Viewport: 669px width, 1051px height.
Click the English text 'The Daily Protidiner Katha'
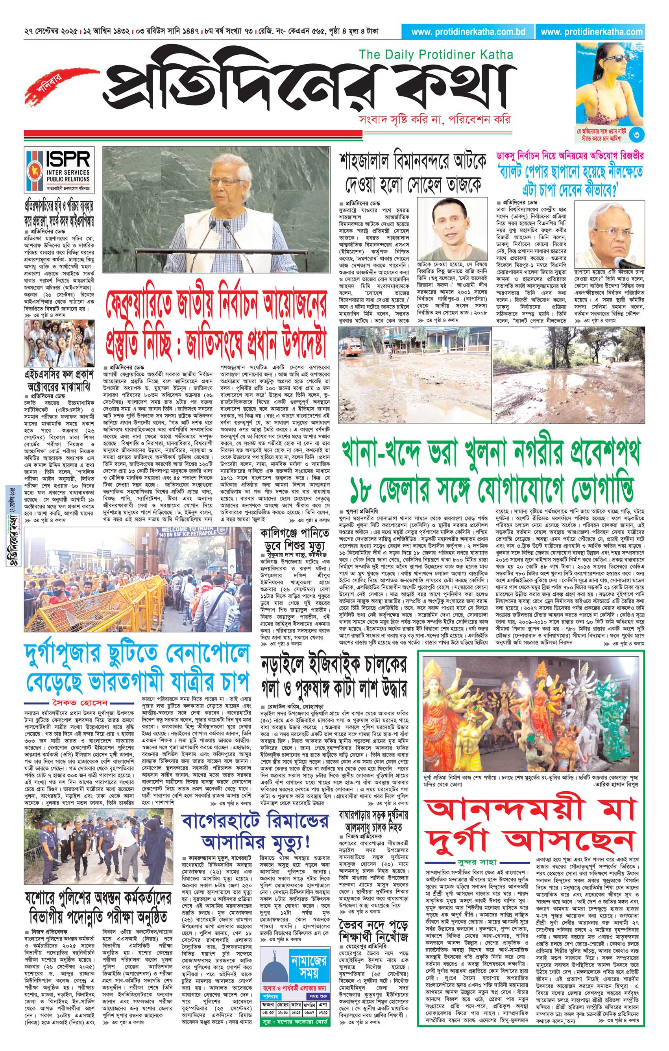tap(436, 55)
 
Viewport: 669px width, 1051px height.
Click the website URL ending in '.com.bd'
tap(468, 32)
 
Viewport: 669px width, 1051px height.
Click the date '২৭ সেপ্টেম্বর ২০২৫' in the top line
tap(52, 32)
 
